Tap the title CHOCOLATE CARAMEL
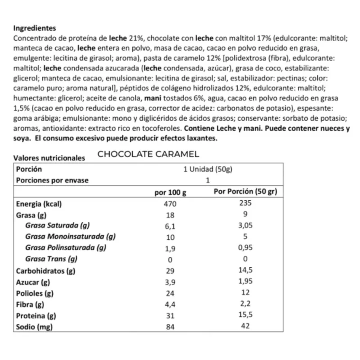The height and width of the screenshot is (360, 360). (x=148, y=154)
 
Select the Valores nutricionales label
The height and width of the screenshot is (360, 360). (x=49, y=158)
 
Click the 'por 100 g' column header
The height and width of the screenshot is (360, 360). (x=170, y=192)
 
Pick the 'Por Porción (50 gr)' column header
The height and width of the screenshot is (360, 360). (x=245, y=191)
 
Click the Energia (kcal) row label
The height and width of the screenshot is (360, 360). (x=39, y=203)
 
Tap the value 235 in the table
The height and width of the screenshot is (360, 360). (x=245, y=203)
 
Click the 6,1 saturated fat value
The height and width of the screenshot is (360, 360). (x=170, y=226)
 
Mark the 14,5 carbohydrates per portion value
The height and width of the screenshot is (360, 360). (x=245, y=271)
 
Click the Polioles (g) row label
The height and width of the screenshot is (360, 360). (x=35, y=293)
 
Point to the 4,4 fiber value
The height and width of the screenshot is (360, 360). (x=170, y=305)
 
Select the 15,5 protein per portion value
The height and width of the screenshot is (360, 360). (x=245, y=315)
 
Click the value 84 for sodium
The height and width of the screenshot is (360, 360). (x=170, y=327)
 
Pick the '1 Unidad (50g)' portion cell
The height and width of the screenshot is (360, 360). (x=207, y=169)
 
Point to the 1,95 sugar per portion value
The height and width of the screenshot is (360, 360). (x=245, y=282)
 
